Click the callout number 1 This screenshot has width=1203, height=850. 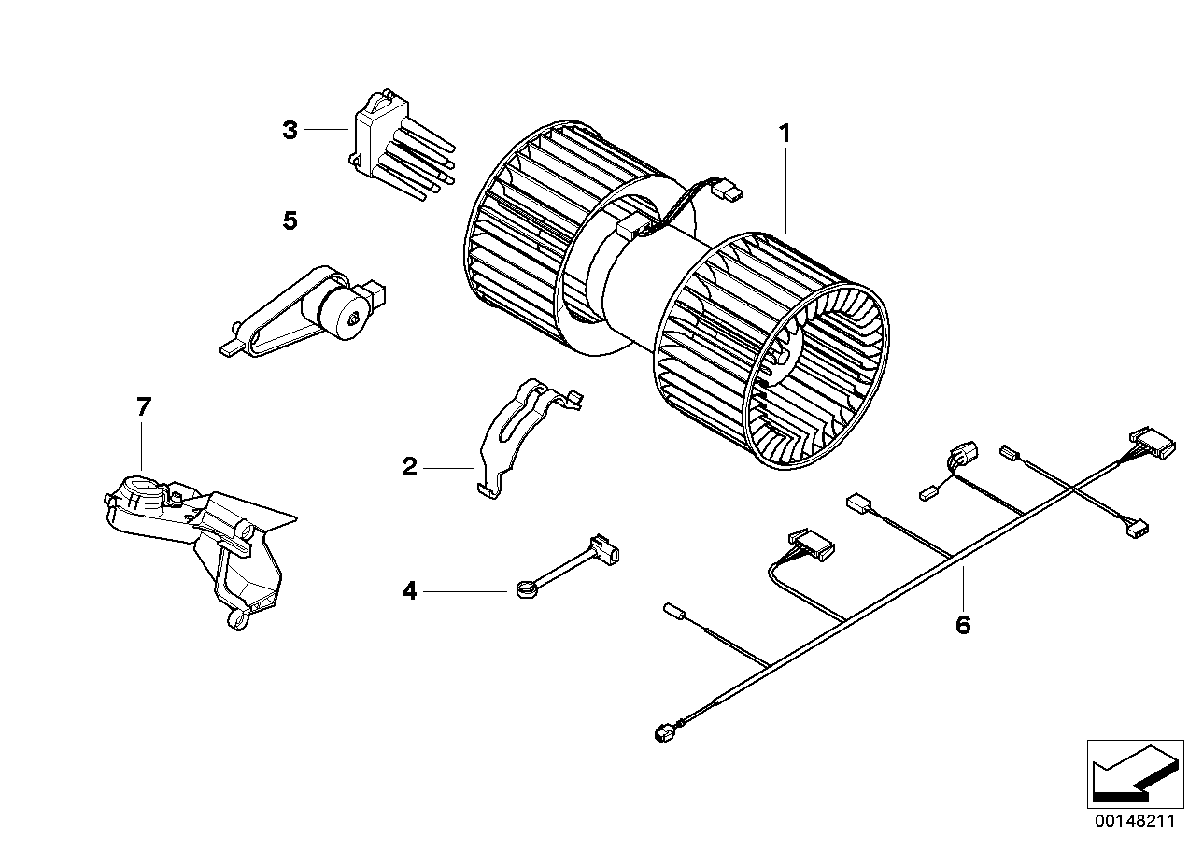[785, 134]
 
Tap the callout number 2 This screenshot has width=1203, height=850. [409, 467]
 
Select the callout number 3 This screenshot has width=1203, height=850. [290, 130]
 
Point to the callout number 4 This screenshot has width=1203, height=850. [409, 590]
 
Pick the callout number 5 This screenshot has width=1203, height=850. [290, 221]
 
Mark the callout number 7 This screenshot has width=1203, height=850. [143, 407]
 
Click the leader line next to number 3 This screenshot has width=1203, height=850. [328, 130]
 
